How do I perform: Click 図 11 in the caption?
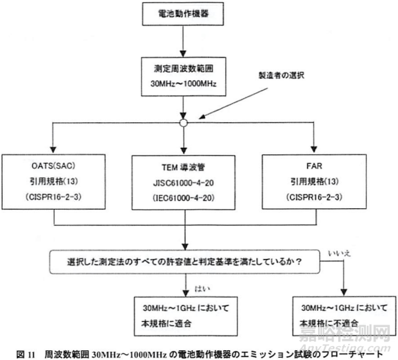15,349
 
